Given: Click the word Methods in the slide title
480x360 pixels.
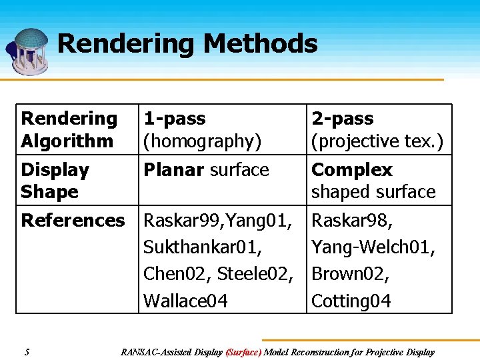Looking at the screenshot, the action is coord(261,44).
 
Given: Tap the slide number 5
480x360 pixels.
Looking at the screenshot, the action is coord(26,352).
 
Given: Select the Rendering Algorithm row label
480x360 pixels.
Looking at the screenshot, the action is coord(69,129).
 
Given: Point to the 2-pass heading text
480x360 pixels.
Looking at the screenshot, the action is coord(343,119).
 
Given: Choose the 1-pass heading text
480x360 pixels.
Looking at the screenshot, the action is coord(175,119).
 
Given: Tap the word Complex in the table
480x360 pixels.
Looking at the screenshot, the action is coord(352,170).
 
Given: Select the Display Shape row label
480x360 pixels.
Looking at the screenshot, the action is coord(55,181).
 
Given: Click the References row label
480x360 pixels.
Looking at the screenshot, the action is coord(73,221).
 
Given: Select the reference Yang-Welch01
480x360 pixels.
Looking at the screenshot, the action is coord(373,247).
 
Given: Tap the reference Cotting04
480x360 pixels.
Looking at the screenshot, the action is coord(351,301).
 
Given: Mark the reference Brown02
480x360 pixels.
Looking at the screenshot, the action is coord(351,274).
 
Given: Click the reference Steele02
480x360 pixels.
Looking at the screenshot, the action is coord(255,274).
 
